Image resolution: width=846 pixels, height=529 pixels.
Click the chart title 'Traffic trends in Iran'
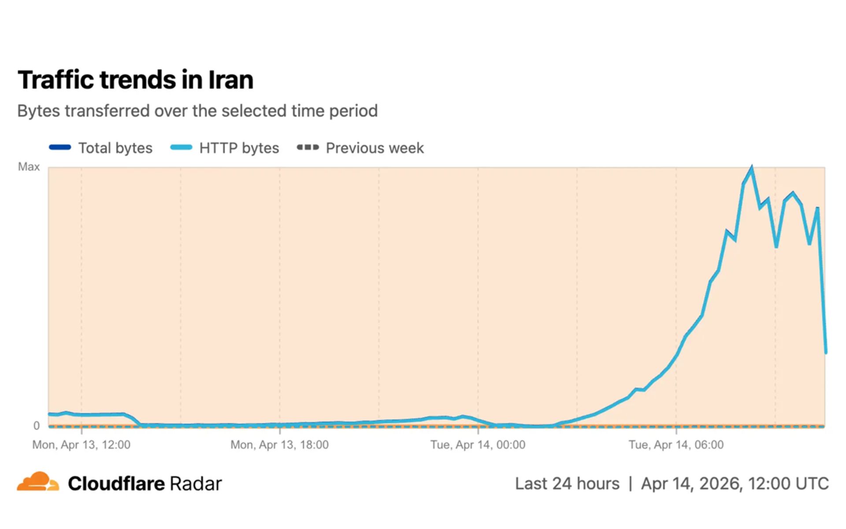135,80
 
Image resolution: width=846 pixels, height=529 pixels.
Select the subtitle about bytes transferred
197,111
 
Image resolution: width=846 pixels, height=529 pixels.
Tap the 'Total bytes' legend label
115,148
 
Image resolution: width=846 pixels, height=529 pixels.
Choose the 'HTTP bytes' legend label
239,148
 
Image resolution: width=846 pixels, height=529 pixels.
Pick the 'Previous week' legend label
375,148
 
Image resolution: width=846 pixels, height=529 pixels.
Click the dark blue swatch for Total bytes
60,148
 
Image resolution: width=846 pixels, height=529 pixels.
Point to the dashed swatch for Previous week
308,148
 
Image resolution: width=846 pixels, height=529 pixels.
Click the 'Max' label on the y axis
29,167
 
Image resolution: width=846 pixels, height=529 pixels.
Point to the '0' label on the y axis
37,425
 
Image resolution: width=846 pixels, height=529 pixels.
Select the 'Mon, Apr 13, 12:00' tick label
81,445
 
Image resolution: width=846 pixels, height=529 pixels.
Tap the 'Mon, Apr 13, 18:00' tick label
279,445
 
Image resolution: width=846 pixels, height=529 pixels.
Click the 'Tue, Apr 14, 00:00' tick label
478,445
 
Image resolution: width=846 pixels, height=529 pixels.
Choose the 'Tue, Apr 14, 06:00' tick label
676,445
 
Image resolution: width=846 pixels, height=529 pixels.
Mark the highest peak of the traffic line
751,168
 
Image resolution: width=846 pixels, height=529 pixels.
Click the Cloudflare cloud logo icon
38,481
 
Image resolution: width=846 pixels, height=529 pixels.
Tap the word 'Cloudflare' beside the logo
116,484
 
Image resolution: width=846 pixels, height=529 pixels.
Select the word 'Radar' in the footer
196,484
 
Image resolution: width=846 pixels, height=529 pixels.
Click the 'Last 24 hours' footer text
567,484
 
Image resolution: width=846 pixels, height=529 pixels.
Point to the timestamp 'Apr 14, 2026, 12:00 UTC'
735,484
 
